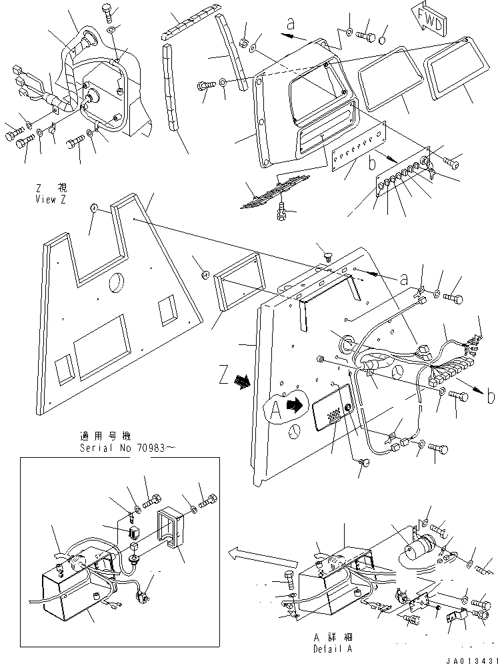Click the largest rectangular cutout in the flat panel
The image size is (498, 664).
tap(102, 340)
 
